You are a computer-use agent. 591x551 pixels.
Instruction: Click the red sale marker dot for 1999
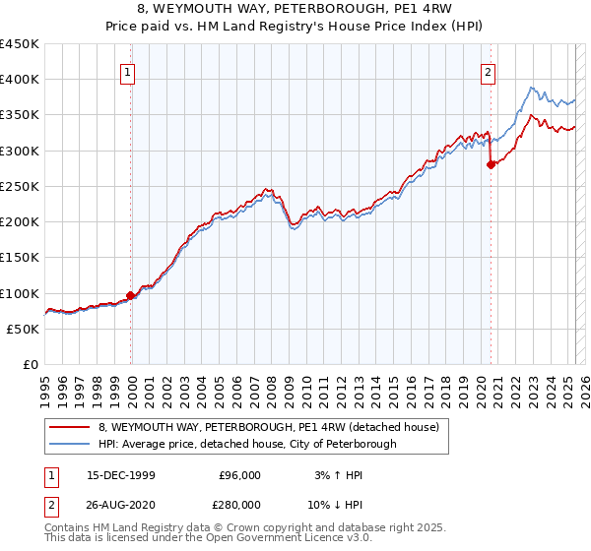[131, 295]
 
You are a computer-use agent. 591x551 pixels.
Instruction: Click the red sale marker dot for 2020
[490, 165]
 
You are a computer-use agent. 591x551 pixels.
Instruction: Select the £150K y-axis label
[20, 258]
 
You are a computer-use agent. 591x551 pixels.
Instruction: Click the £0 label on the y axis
[30, 365]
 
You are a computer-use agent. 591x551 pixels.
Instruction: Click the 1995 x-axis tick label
[44, 385]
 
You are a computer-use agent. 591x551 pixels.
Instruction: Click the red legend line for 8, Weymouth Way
[70, 427]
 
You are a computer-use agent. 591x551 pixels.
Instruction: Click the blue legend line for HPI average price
[70, 444]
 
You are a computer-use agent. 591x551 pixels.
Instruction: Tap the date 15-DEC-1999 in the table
[120, 475]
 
